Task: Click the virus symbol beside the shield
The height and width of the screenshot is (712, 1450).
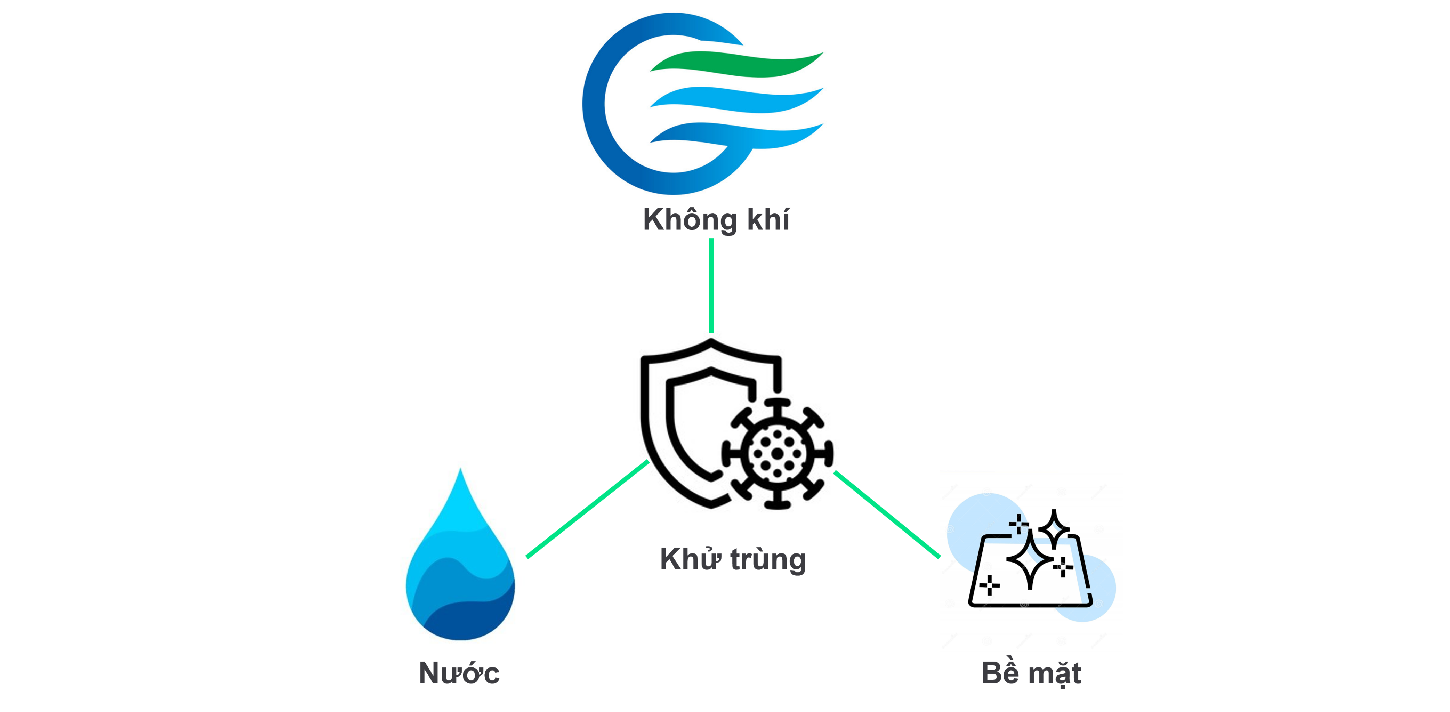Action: pyautogui.click(x=778, y=453)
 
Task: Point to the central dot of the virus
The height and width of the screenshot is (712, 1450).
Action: pyautogui.click(x=778, y=453)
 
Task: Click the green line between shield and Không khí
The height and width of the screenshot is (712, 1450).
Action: pyautogui.click(x=711, y=286)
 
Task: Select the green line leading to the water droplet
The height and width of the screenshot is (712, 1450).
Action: pyautogui.click(x=588, y=509)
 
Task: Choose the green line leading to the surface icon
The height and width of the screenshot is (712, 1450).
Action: pyautogui.click(x=887, y=515)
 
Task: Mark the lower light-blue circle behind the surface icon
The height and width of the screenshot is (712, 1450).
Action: pyautogui.click(x=1084, y=588)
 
